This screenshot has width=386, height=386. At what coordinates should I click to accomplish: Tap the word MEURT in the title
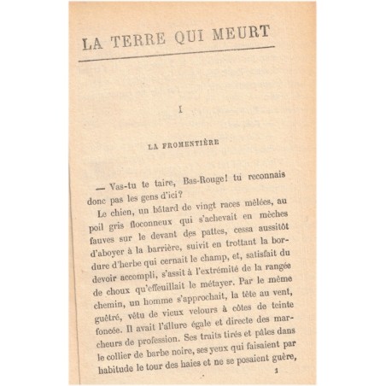click(x=244, y=33)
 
